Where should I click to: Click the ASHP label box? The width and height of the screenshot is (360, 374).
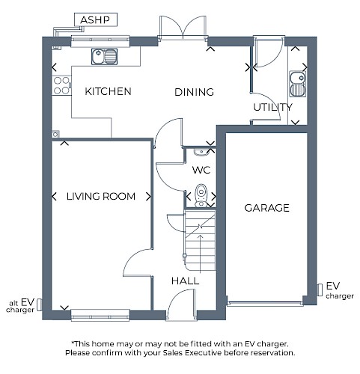coord(96,19)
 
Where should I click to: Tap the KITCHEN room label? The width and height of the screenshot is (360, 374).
coord(108,91)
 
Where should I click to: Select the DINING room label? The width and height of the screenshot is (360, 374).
coord(194,92)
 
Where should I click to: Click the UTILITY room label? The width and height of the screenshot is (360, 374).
coord(272,107)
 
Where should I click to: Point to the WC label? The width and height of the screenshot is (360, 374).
coord(201,170)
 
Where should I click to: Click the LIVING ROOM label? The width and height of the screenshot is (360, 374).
coord(101,197)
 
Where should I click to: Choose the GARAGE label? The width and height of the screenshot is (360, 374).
coord(266,208)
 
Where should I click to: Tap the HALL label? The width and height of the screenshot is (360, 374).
coord(185,281)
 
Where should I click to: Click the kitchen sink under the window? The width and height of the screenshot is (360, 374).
coord(104,57)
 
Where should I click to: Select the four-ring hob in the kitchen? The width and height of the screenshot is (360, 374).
coord(61,85)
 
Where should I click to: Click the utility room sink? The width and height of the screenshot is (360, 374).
coord(297,84)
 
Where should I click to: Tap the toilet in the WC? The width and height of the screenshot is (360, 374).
coord(201,195)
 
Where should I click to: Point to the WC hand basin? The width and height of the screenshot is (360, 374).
coord(202,152)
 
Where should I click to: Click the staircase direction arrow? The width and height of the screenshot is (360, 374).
coord(200,254)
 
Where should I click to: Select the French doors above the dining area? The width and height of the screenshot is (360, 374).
coord(183,28)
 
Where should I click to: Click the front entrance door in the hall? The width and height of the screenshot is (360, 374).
coord(180,304)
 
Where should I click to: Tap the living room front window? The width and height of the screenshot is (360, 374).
coord(100,315)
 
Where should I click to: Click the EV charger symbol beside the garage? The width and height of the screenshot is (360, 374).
coord(320,290)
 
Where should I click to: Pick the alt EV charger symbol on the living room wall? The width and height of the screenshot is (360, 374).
coord(39,304)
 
